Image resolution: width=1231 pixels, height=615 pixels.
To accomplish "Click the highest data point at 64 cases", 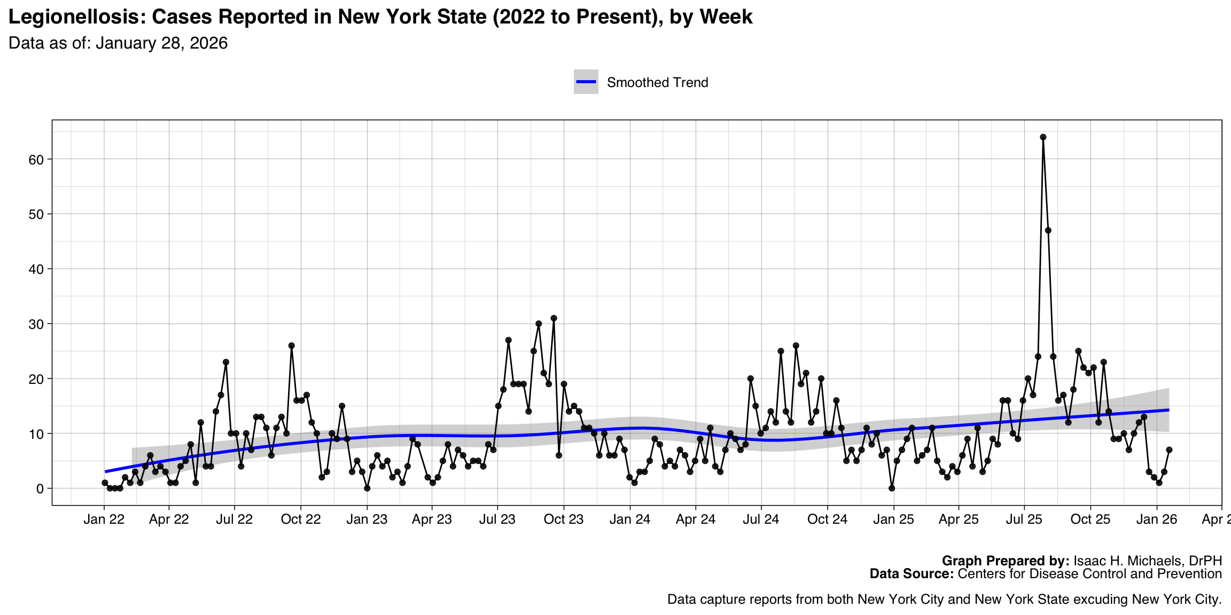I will [x=1043, y=137].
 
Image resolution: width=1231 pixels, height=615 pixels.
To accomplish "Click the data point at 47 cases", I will [x=1048, y=231].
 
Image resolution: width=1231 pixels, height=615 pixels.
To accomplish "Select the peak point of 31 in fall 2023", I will [x=554, y=318].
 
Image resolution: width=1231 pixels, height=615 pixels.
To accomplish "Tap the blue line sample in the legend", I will [x=586, y=82].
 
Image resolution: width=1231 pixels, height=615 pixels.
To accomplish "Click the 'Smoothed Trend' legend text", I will [x=657, y=83].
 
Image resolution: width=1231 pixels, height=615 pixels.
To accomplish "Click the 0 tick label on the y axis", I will [x=41, y=489].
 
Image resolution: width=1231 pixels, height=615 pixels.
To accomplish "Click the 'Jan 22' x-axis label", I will [x=104, y=519].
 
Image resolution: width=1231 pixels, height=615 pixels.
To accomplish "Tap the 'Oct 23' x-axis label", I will [x=564, y=519].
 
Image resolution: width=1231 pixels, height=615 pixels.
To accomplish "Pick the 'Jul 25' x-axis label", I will [x=1024, y=519].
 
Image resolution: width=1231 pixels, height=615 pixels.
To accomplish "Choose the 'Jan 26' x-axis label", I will [x=1157, y=519].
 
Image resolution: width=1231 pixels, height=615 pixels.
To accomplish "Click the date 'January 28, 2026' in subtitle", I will [x=161, y=43].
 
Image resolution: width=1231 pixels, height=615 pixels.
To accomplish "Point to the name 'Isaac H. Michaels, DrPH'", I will [x=1148, y=561].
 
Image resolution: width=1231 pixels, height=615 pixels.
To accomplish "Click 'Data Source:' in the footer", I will [x=911, y=574].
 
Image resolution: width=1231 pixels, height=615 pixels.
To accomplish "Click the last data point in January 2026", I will [x=1169, y=450].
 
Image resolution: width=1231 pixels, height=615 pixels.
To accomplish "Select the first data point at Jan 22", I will [x=105, y=483].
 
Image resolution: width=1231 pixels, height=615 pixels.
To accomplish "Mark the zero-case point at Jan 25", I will [x=892, y=488].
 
